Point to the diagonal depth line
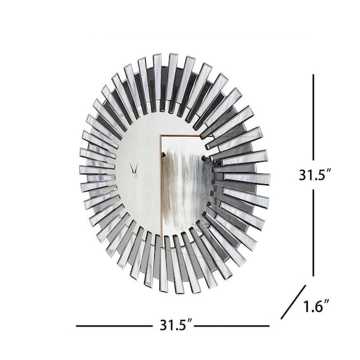(x=293, y=302)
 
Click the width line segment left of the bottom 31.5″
(x=115, y=326)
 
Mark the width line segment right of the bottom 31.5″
(x=232, y=326)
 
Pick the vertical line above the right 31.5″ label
(x=313, y=117)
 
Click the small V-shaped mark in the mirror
(x=134, y=168)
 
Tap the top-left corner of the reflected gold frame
(x=160, y=136)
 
